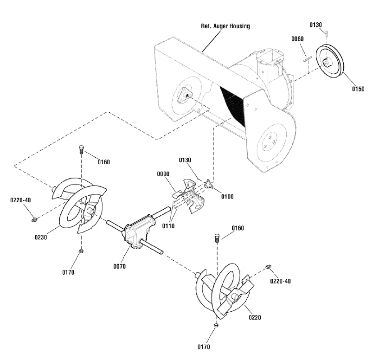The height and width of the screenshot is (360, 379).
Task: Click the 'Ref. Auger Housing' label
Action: pos(225,26)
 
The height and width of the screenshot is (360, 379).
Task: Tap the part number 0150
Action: pos(358,89)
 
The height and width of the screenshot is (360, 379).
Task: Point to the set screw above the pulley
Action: pos(327,33)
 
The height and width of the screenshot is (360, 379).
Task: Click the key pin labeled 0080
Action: pos(308,59)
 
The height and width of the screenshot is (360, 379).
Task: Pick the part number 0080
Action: pos(297,39)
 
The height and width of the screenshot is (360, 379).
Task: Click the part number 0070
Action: pos(119,266)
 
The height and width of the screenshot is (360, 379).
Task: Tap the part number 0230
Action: pos(41,238)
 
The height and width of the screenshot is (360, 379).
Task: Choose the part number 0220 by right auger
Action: pos(255,317)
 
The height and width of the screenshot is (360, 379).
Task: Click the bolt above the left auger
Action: pos(81,150)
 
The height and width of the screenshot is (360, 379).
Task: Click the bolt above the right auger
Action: pos(217,238)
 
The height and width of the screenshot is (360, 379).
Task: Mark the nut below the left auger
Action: pos(81,251)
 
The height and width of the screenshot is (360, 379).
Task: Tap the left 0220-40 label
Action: pos(20,200)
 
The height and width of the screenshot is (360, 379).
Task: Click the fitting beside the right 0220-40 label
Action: pos(268,267)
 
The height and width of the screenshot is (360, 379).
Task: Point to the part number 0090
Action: pos(163,174)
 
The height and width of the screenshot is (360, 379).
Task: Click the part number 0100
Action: pos(227,197)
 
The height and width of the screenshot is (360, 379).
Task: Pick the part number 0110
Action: pos(168,226)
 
